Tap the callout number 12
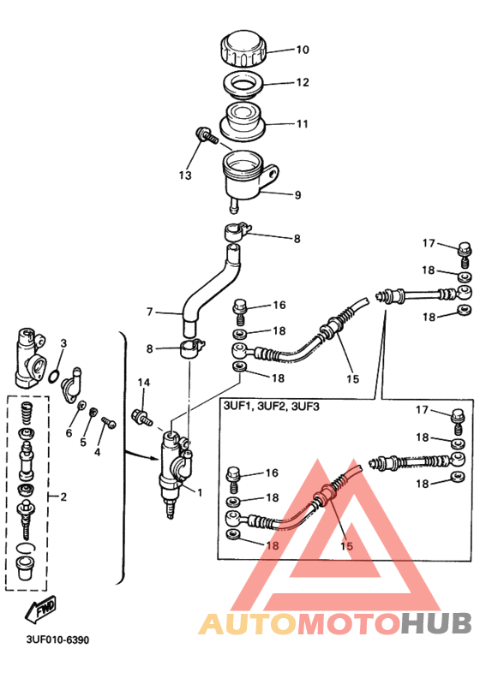click(x=279, y=83)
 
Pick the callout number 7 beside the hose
click(x=148, y=312)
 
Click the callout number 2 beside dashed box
click(x=62, y=496)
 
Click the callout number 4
click(x=97, y=452)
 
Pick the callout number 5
click(x=84, y=443)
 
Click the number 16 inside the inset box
click(x=272, y=473)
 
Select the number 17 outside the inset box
click(x=429, y=243)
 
